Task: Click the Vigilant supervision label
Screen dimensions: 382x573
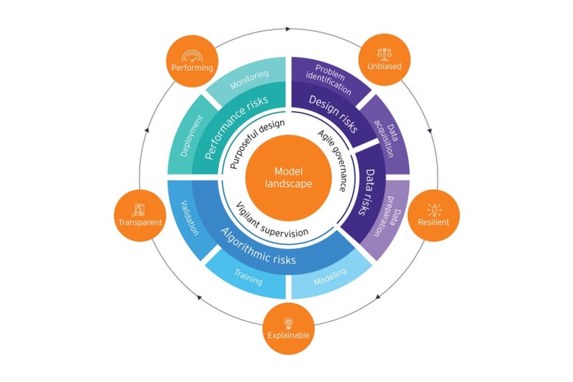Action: [x=272, y=221]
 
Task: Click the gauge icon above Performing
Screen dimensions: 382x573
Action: [x=192, y=54]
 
